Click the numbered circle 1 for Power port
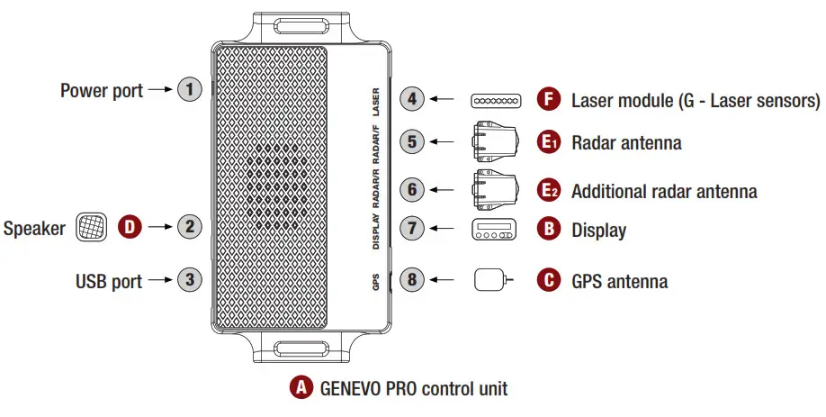point(188,90)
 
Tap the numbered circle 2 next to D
point(188,226)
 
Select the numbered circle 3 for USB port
point(188,280)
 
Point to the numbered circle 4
point(411,99)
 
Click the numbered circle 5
point(411,141)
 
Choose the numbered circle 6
point(411,190)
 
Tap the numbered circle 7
point(411,228)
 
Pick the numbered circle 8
point(411,280)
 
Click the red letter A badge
point(300,389)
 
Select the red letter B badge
point(548,229)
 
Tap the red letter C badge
point(548,280)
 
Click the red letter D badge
point(131,226)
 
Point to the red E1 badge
point(548,142)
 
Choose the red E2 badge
point(548,190)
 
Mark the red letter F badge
point(548,99)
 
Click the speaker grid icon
point(92,226)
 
